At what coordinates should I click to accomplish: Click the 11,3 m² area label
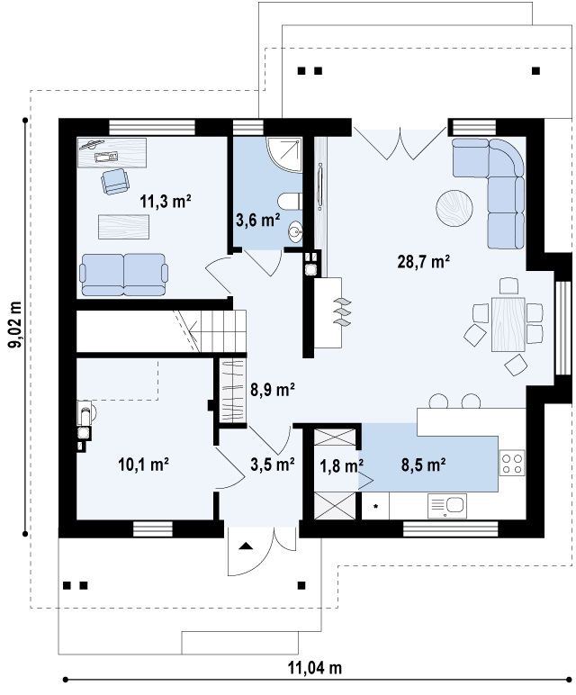click(166, 202)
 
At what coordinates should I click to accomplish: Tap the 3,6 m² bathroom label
click(257, 221)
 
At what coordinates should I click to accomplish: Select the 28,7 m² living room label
click(424, 262)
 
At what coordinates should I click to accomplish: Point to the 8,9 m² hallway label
click(273, 390)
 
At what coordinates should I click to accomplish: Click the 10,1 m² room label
click(143, 465)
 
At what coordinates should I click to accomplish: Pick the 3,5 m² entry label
click(273, 465)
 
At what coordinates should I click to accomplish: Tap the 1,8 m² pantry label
click(342, 465)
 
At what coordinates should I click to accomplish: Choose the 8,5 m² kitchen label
click(423, 465)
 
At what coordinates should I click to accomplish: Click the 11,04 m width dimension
click(315, 667)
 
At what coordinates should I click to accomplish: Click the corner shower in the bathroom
click(284, 154)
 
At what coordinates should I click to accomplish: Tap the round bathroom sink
click(295, 231)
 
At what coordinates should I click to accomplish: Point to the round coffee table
click(454, 208)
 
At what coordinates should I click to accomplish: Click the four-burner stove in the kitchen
click(512, 463)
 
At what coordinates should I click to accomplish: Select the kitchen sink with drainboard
click(447, 506)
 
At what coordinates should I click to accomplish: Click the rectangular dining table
click(508, 324)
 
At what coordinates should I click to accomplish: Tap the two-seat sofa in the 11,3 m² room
click(123, 275)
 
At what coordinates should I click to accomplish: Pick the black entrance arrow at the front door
click(246, 546)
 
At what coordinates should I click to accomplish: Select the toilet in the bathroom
click(290, 202)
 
